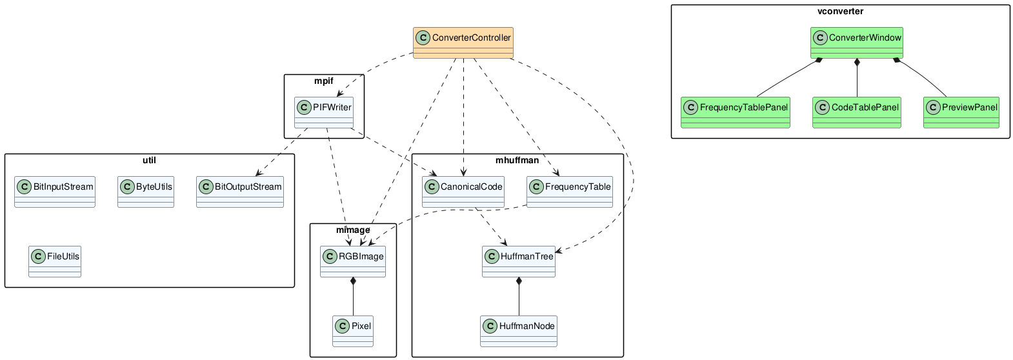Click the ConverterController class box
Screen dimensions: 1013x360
[463, 43]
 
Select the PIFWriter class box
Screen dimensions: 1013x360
[324, 113]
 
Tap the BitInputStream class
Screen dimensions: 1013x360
[55, 192]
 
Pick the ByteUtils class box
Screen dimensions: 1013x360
[146, 192]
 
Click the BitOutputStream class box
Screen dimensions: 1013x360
[239, 192]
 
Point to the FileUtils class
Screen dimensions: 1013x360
[55, 261]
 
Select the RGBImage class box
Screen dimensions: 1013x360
[353, 261]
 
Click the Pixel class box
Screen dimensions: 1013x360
[353, 331]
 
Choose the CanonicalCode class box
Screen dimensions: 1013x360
[463, 192]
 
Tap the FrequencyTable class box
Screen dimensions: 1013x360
[570, 192]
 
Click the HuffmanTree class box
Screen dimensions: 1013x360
[519, 261]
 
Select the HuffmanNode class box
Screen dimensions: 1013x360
[519, 331]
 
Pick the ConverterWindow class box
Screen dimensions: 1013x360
[857, 43]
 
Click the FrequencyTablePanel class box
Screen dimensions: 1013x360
[736, 113]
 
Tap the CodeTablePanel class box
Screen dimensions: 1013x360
[856, 113]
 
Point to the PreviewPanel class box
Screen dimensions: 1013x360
[961, 113]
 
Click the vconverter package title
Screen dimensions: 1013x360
[840, 12]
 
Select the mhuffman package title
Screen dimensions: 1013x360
[517, 160]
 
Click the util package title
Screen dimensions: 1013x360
[149, 160]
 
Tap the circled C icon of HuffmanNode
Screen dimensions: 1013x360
[490, 326]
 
